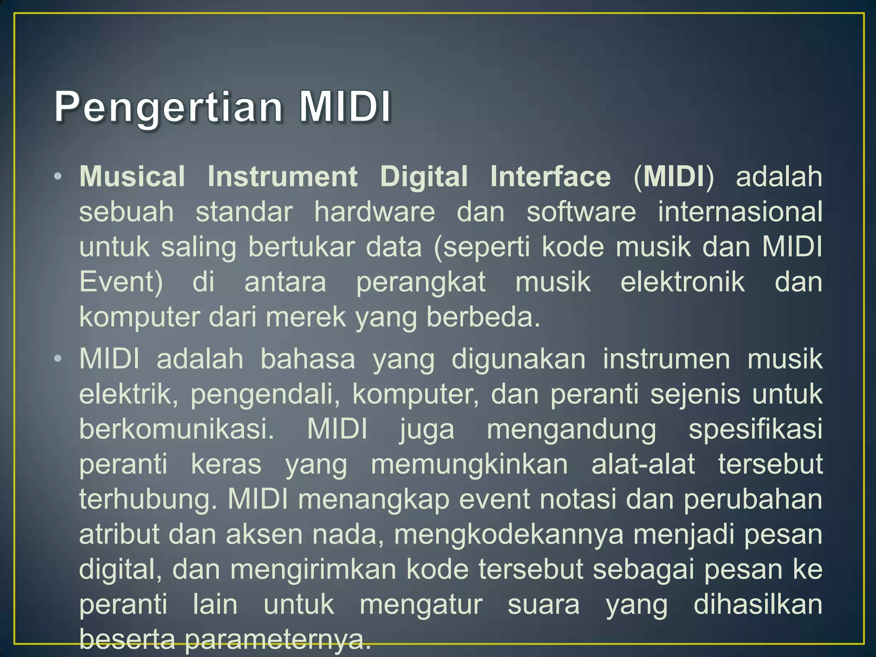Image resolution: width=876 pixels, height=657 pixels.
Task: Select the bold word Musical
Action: (132, 177)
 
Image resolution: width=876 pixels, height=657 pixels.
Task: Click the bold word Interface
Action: (550, 177)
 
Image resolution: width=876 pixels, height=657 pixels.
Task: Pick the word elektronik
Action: (683, 282)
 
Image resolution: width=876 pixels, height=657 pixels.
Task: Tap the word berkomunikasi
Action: (177, 429)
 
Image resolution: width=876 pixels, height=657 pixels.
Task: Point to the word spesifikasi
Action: (755, 429)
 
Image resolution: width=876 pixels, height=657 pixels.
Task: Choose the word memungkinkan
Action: (469, 465)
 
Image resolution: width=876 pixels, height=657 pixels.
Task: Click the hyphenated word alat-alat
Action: (643, 465)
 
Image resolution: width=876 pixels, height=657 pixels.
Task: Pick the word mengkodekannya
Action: (509, 535)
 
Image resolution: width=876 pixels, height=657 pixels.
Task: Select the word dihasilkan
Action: (758, 605)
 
